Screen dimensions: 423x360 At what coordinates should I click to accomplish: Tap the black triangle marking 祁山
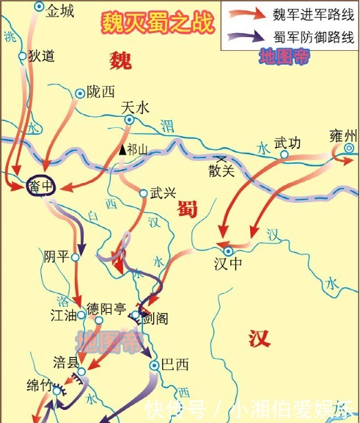(x=122, y=149)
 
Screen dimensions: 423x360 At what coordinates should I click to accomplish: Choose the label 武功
(x=287, y=144)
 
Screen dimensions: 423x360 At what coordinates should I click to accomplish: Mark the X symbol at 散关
(x=221, y=160)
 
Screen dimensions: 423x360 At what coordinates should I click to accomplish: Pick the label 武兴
(x=162, y=194)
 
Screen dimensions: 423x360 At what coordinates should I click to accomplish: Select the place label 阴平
(x=56, y=257)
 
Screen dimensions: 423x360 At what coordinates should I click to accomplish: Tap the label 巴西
(x=175, y=365)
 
